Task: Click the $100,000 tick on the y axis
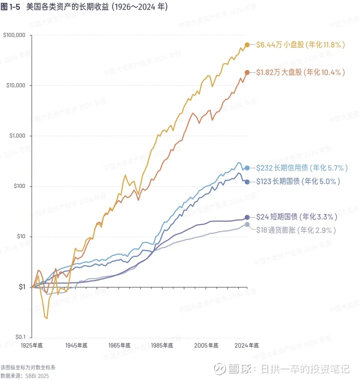(x=14, y=35)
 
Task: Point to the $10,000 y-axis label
(x=15, y=85)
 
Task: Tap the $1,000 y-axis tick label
(x=17, y=136)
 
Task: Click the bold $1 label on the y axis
(x=22, y=287)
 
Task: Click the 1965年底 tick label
(x=119, y=345)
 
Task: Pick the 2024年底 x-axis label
(x=247, y=345)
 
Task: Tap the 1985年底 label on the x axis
(x=162, y=345)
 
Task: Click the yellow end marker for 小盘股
(x=247, y=45)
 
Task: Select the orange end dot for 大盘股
(x=247, y=72)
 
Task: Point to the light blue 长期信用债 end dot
(x=247, y=168)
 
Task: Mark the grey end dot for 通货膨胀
(x=247, y=224)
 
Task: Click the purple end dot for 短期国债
(x=247, y=217)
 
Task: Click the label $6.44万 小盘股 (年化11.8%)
(x=300, y=45)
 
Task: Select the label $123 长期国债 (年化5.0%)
(x=298, y=181)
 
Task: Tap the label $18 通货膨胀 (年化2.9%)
(x=296, y=230)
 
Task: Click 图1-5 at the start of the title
(x=10, y=7)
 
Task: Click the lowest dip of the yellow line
(x=47, y=318)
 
